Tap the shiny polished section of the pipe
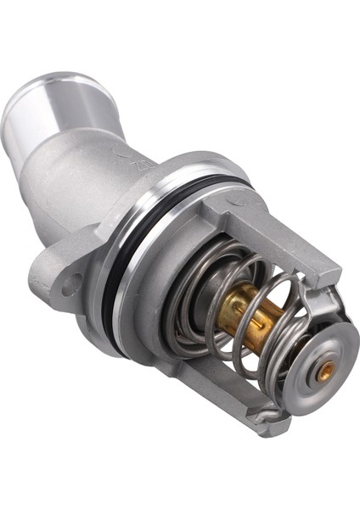(x=59, y=110)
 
